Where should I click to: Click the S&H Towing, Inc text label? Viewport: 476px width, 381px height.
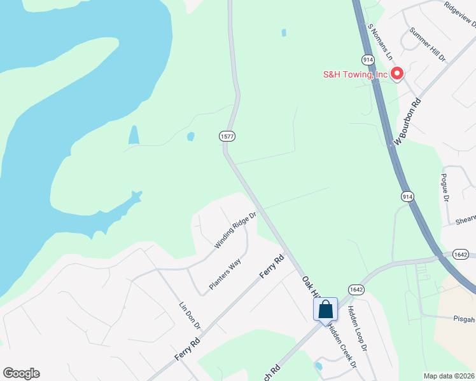pos(354,74)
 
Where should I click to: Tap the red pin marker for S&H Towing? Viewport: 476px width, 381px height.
pos(397,74)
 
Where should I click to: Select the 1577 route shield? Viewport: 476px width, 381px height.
pos(227,136)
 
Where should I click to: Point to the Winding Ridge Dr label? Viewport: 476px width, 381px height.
pos(235,230)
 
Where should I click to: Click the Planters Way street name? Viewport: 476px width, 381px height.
pos(226,274)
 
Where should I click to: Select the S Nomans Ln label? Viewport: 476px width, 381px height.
pos(381,42)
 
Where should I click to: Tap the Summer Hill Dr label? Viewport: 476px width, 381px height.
pos(428,44)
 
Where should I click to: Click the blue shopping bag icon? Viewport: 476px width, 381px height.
pos(325,309)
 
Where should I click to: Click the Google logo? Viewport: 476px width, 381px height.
pos(21,373)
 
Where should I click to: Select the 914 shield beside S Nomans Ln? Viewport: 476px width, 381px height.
pos(368,59)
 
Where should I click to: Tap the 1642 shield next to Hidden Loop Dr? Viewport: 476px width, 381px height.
pos(356,289)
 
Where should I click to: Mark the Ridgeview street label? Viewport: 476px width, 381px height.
pos(461,13)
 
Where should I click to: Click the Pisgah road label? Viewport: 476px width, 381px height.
pos(464,319)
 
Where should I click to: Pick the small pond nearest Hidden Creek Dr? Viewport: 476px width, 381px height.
pos(318,366)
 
